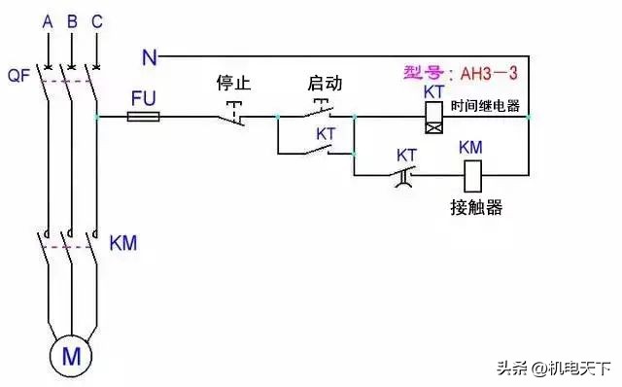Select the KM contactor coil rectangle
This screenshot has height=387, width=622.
[x=470, y=176]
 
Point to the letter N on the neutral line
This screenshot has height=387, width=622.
[x=149, y=56]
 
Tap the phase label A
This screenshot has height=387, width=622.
[x=47, y=18]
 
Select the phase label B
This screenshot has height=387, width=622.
[x=72, y=18]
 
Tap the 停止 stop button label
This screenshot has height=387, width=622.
[x=233, y=84]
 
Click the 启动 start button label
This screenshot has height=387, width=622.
[x=325, y=84]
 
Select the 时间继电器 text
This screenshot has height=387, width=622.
[x=486, y=105]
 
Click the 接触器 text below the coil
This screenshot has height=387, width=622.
[x=476, y=207]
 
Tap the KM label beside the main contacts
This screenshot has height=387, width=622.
[x=123, y=242]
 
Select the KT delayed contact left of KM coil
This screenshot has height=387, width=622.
[x=407, y=174]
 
